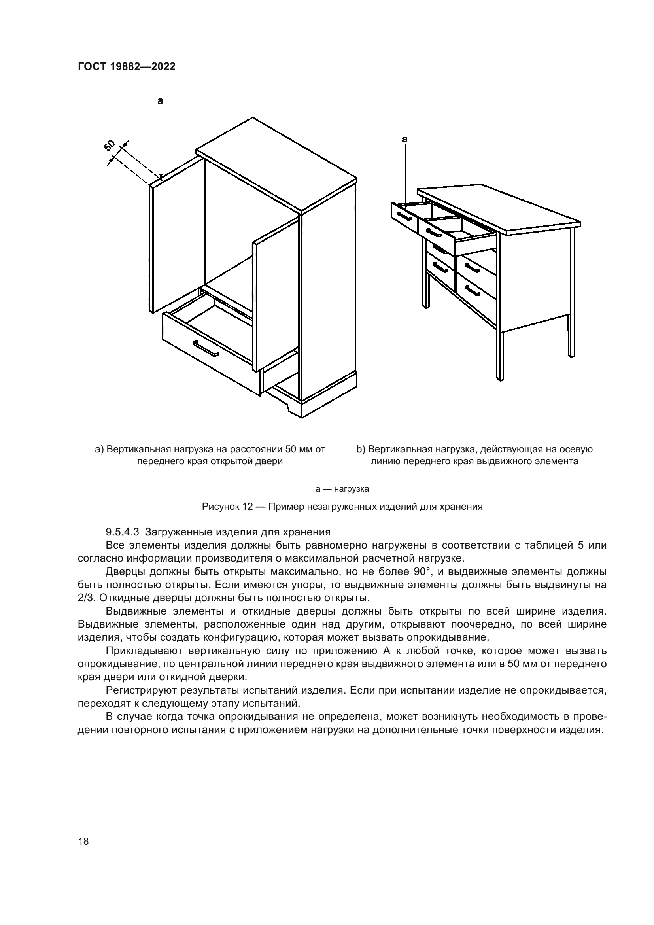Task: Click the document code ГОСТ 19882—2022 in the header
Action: click(x=127, y=67)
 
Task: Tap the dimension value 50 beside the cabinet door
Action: click(x=110, y=146)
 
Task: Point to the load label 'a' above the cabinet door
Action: click(x=160, y=101)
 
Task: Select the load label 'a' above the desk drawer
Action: click(x=405, y=140)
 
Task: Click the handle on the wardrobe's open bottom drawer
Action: click(x=205, y=348)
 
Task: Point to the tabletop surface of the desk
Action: click(x=499, y=208)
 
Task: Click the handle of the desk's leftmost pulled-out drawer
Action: click(x=404, y=216)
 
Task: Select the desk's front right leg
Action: click(x=499, y=354)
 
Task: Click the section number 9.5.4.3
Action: click(x=122, y=532)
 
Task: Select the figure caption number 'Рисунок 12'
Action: click(x=227, y=507)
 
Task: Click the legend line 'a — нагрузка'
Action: click(x=342, y=489)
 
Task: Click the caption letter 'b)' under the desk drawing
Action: click(x=361, y=449)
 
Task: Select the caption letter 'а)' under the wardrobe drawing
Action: click(x=99, y=449)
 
